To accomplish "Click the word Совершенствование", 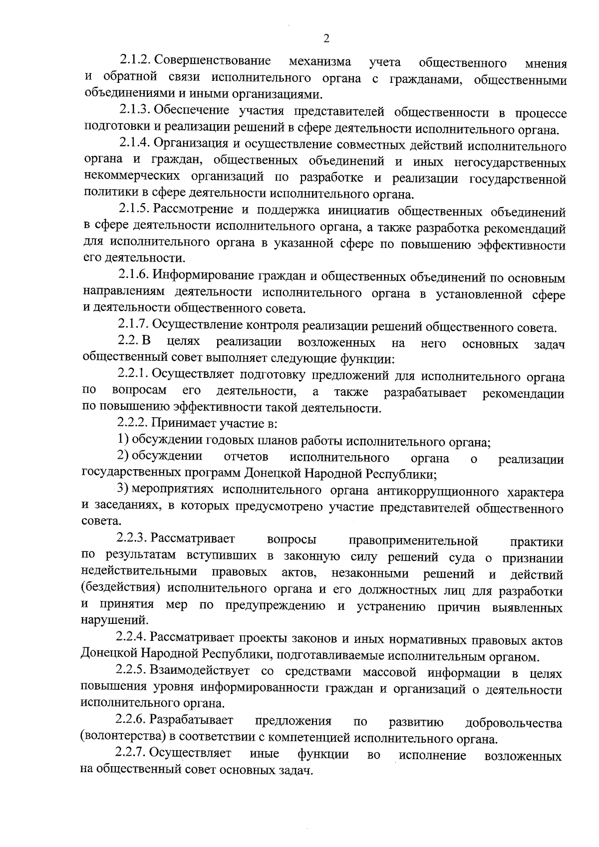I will tap(213, 61).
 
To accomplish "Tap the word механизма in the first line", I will tap(319, 61).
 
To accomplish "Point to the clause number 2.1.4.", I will tap(135, 144).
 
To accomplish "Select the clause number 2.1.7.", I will tap(133, 325).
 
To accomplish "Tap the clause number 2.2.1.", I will tap(133, 374).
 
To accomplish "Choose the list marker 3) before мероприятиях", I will tap(123, 489).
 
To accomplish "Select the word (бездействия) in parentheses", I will tap(120, 589).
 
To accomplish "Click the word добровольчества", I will tap(513, 723).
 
